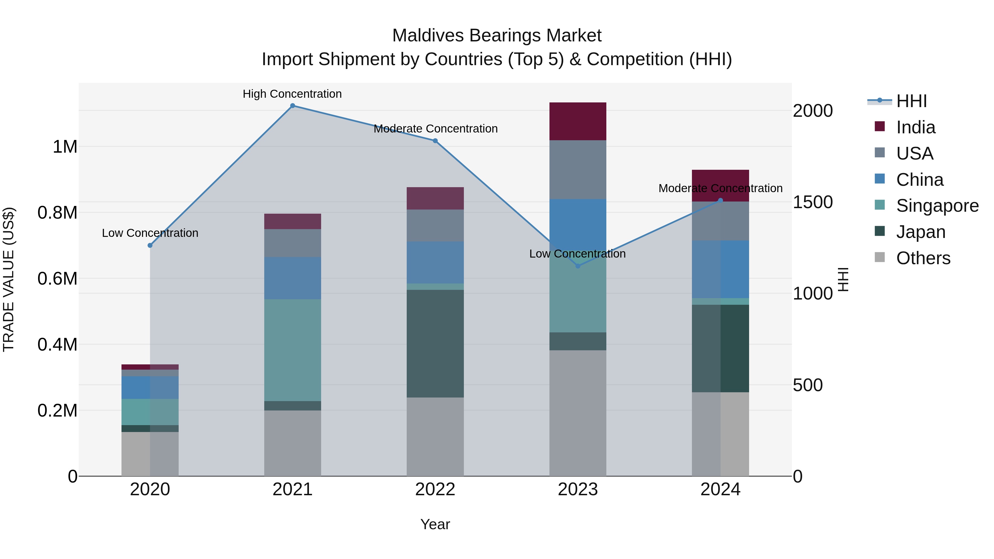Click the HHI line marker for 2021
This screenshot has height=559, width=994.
pyautogui.click(x=292, y=106)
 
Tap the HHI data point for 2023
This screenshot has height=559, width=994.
pyautogui.click(x=578, y=266)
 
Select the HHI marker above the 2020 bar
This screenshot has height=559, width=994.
pyautogui.click(x=150, y=245)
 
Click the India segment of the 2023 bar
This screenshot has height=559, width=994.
pyautogui.click(x=578, y=121)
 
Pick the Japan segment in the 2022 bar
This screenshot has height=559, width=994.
pyautogui.click(x=435, y=343)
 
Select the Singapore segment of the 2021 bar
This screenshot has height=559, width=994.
pyautogui.click(x=292, y=350)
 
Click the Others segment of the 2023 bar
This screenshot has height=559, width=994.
pyautogui.click(x=578, y=413)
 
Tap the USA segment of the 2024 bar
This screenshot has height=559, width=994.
pyautogui.click(x=720, y=221)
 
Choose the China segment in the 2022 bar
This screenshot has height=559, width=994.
pyautogui.click(x=435, y=262)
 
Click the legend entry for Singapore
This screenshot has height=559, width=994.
pyautogui.click(x=937, y=206)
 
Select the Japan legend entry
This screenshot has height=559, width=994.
pyautogui.click(x=920, y=232)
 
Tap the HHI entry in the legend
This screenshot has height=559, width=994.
pyautogui.click(x=911, y=101)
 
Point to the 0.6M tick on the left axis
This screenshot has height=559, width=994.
pyautogui.click(x=57, y=279)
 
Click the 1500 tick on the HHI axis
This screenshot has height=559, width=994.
pyautogui.click(x=812, y=202)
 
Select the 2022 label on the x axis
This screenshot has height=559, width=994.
pyautogui.click(x=435, y=489)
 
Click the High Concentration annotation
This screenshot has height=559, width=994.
pyautogui.click(x=292, y=94)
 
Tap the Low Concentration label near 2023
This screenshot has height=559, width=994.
pyautogui.click(x=577, y=254)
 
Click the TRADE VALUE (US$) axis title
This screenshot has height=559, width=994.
pyautogui.click(x=9, y=279)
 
